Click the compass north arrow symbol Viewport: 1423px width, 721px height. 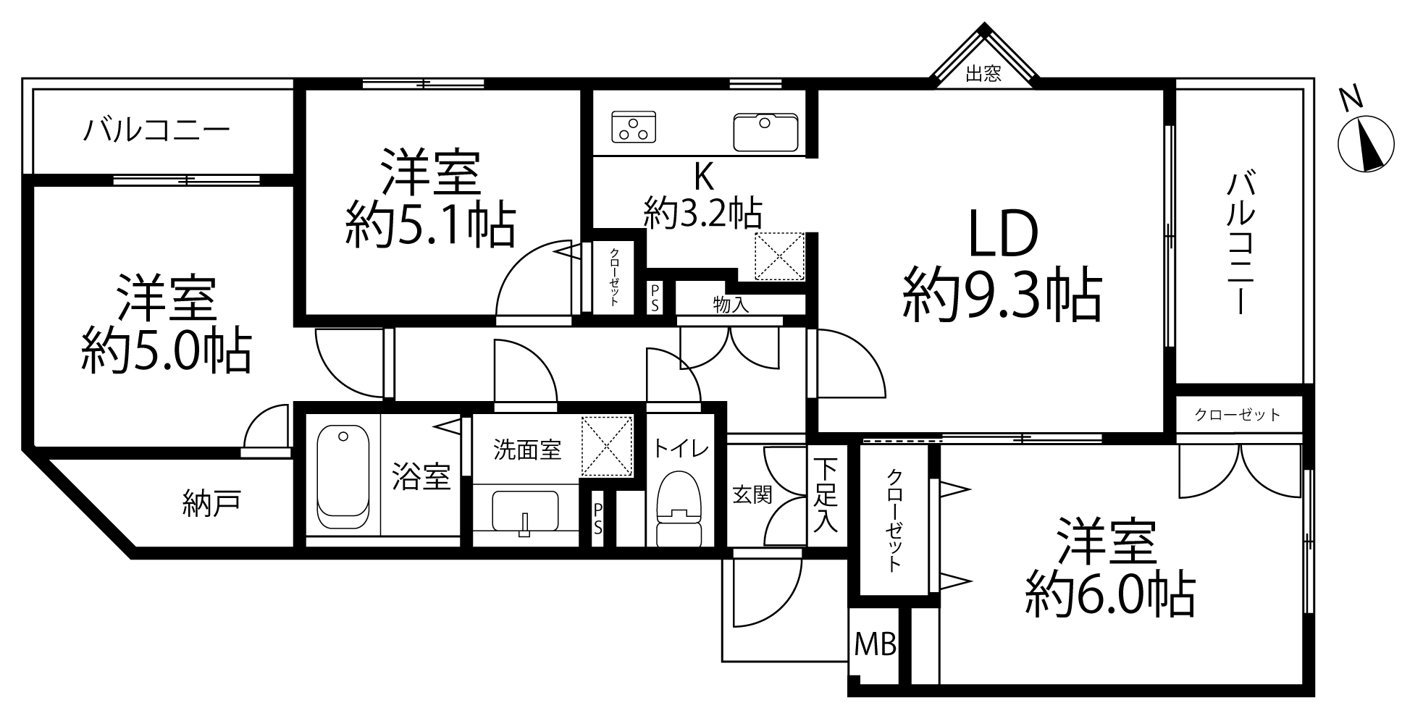point(1365,144)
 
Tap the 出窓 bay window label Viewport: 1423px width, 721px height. point(984,74)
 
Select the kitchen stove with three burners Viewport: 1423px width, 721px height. point(634,126)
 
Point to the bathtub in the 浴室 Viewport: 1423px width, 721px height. point(343,478)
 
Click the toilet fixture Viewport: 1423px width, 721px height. point(679,510)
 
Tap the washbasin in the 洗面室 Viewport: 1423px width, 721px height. point(525,513)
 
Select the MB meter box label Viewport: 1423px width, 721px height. point(876,643)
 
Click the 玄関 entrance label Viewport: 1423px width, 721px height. point(752,494)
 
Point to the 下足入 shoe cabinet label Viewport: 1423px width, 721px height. point(826,495)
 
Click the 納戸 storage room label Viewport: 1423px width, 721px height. point(211,504)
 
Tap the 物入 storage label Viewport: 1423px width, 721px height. point(731,304)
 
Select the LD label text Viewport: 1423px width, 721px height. point(1004,235)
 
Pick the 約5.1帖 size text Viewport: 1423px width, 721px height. point(430,224)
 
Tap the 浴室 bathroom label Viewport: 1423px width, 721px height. point(421,477)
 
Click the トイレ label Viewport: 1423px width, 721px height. point(681,449)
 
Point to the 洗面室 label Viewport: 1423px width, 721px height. point(527,450)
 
